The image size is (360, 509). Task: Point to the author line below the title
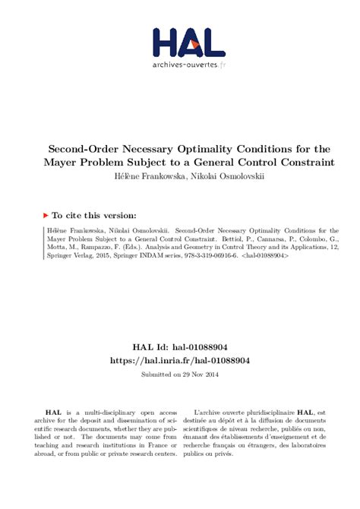pos(180,176)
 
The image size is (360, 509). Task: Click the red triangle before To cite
pos(46,215)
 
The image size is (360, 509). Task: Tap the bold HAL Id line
pos(180,346)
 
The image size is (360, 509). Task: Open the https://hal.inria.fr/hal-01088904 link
pos(180,360)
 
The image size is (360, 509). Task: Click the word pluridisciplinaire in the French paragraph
pos(270,411)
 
